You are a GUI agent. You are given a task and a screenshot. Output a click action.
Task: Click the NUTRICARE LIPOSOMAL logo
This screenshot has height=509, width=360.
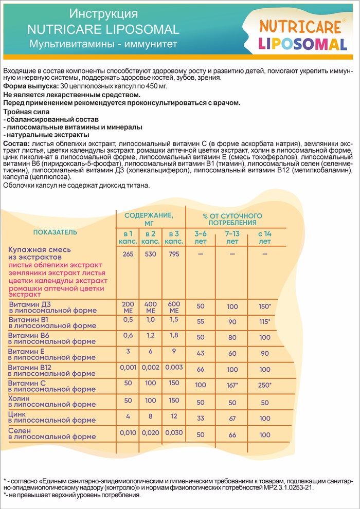pos(303,34)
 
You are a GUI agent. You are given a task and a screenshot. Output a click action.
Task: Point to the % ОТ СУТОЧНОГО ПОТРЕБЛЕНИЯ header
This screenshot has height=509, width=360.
pos(232,219)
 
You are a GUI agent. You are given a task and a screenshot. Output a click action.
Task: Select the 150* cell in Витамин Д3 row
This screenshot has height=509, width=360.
pos(264,306)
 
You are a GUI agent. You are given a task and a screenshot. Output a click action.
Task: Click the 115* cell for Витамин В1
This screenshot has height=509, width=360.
pos(264,321)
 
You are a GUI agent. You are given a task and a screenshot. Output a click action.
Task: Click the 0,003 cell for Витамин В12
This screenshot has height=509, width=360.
pos(174,367)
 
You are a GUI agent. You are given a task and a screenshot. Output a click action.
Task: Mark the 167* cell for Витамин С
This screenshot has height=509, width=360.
pos(232,385)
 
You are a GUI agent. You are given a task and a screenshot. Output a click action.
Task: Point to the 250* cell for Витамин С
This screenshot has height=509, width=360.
pos(264,385)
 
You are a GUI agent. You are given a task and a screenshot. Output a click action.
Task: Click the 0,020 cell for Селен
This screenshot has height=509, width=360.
pos(151,432)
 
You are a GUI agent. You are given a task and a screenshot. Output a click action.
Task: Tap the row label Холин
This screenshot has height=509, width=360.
pos(20,398)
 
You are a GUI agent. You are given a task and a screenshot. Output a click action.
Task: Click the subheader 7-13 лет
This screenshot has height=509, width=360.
pos(232,237)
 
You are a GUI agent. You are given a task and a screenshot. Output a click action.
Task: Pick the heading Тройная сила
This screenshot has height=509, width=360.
pos(26,111)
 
